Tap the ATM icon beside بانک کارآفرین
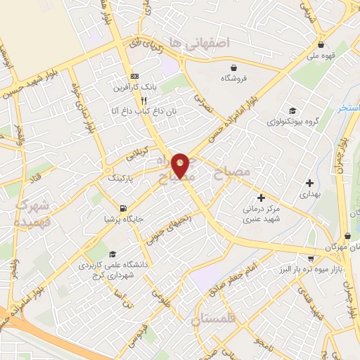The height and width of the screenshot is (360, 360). point(135,77)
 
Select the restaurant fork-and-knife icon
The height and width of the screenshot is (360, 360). point(143,100)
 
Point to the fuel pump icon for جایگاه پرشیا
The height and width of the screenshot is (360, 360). point(124,207)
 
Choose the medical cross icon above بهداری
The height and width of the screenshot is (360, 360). point(309,183)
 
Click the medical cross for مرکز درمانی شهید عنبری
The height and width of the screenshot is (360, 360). point(262,198)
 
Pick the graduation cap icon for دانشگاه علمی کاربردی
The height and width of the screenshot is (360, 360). point(112,255)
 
